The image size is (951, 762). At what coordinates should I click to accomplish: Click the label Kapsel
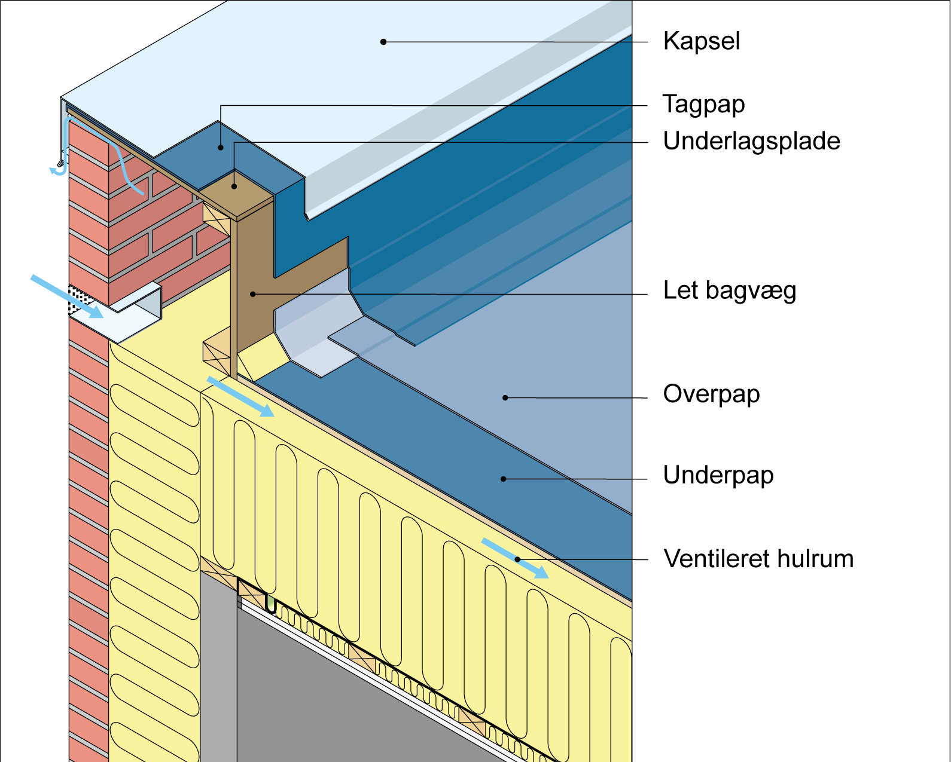pyautogui.click(x=701, y=41)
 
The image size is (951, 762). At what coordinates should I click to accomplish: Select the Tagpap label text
pyautogui.click(x=703, y=105)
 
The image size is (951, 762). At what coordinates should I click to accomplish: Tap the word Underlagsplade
pyautogui.click(x=751, y=142)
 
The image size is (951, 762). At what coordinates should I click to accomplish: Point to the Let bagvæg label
pyautogui.click(x=729, y=291)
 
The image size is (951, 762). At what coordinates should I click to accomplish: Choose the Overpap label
pyautogui.click(x=711, y=394)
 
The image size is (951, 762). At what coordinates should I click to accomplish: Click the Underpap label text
pyautogui.click(x=718, y=476)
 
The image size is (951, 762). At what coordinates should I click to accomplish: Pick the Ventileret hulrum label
pyautogui.click(x=758, y=559)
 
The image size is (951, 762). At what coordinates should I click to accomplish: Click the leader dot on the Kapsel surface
pyautogui.click(x=383, y=42)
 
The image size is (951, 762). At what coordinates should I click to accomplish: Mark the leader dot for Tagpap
pyautogui.click(x=221, y=148)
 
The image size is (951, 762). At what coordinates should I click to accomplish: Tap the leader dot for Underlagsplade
pyautogui.click(x=234, y=186)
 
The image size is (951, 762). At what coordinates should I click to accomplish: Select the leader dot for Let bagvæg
pyautogui.click(x=253, y=294)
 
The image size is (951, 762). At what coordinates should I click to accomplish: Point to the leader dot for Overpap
pyautogui.click(x=505, y=397)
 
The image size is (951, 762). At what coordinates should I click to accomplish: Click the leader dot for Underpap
pyautogui.click(x=504, y=479)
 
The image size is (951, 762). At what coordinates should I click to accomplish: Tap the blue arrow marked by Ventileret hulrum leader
pyautogui.click(x=515, y=558)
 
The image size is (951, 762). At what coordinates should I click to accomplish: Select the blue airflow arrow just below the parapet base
pyautogui.click(x=240, y=396)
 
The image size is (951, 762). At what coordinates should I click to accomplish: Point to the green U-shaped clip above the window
pyautogui.click(x=271, y=604)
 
